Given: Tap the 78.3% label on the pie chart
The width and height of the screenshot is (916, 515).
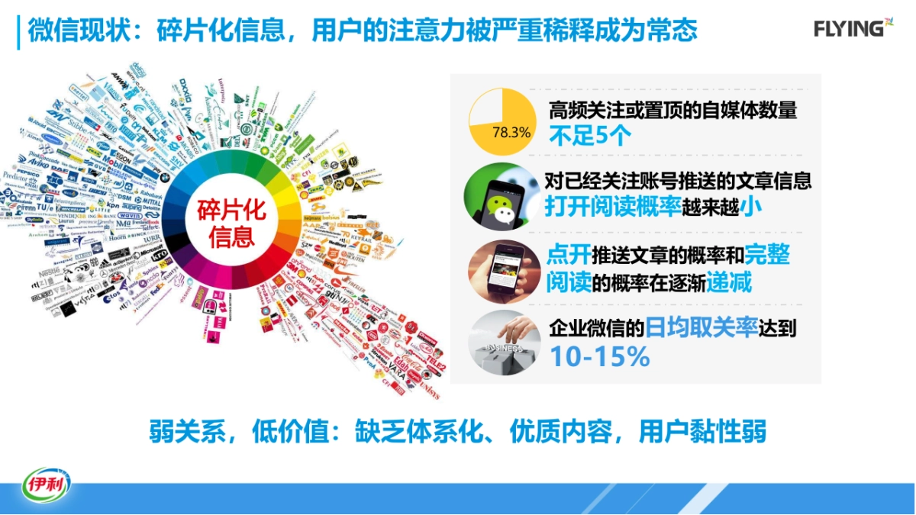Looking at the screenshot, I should [x=511, y=132].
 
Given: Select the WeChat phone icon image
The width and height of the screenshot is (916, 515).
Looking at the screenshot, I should [x=502, y=197].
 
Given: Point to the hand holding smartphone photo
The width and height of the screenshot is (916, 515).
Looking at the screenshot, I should [x=504, y=271].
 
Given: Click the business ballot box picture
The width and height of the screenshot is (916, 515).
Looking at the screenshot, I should [x=504, y=344].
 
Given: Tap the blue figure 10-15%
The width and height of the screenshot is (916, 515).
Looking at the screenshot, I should [x=599, y=356].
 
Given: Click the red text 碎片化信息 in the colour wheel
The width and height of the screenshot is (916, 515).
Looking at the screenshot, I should [x=231, y=223].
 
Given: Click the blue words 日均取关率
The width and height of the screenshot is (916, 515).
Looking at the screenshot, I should [x=702, y=329].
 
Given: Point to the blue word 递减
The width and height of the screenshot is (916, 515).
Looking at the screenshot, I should [x=729, y=283].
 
